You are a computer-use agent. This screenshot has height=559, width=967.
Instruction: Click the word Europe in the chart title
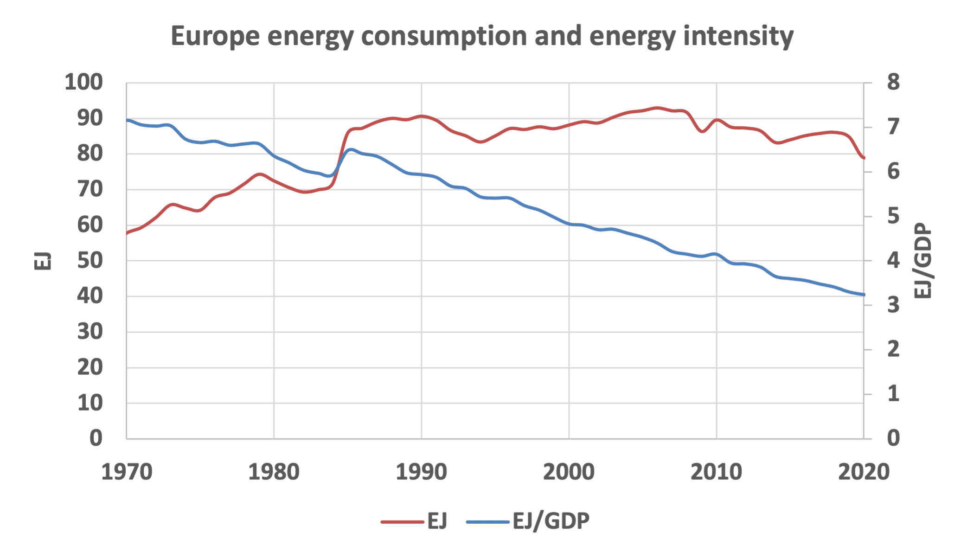215,36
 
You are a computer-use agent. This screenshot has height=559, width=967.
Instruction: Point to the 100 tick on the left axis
83,83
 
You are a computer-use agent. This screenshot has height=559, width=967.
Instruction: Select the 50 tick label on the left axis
90,261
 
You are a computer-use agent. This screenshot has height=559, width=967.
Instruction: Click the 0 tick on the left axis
96,438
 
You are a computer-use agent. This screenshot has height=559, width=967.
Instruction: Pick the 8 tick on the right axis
893,83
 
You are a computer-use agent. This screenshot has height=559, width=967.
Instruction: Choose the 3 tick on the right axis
893,305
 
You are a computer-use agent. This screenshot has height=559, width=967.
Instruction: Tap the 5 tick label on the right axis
893,216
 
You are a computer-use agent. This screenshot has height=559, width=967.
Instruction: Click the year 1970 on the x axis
127,472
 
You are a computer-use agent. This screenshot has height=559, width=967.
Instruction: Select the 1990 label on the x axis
421,472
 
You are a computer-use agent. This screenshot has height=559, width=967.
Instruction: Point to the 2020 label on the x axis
864,472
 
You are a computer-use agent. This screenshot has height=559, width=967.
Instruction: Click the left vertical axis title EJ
43,261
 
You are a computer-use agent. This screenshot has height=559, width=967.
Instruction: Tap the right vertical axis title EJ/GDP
923,261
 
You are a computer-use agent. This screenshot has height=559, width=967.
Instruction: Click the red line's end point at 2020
864,158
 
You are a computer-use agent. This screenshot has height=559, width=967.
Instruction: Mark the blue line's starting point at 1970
127,120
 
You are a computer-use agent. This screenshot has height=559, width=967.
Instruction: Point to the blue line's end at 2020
864,295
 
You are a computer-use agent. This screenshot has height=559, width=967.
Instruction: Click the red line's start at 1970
127,233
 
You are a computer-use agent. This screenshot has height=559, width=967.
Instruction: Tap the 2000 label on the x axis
569,472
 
